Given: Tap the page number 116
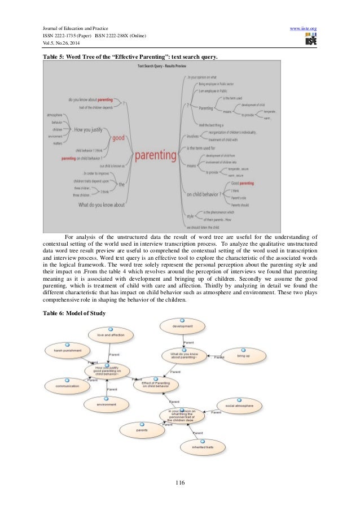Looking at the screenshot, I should (180, 482).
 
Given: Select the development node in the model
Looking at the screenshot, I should (182, 326).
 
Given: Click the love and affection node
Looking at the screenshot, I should (111, 335).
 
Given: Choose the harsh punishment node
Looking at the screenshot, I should (67, 350).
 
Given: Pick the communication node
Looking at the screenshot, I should (67, 386).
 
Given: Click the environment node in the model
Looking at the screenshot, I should (106, 404).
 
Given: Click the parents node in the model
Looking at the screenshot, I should (142, 430).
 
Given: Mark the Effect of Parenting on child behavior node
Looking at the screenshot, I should (155, 385).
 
